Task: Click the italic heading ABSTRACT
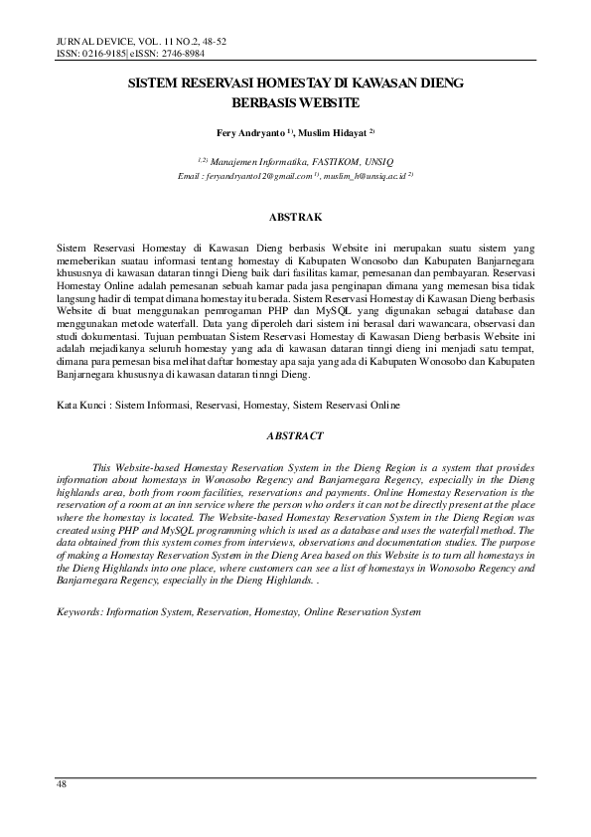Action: point(295,435)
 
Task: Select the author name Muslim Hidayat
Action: point(338,132)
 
